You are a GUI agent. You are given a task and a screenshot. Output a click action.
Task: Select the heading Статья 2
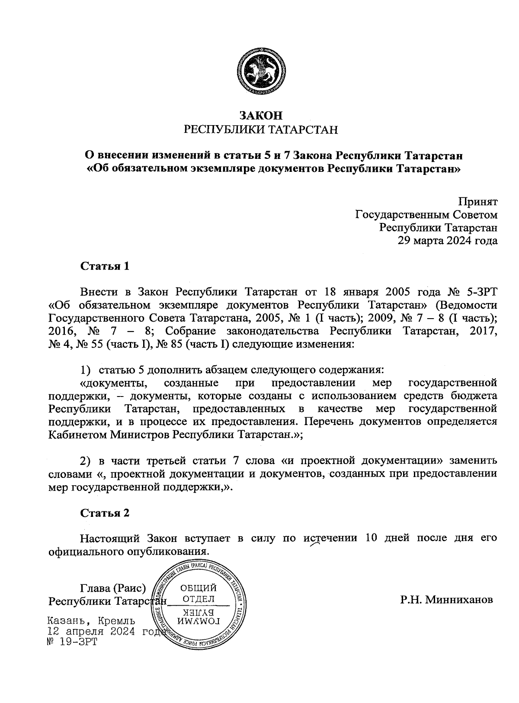tap(105, 513)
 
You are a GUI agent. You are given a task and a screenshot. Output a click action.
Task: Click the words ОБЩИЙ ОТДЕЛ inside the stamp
tap(198, 593)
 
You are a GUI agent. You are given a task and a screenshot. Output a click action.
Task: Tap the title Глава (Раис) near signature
tap(113, 588)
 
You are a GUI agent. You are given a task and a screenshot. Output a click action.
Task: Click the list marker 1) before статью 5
tap(86, 371)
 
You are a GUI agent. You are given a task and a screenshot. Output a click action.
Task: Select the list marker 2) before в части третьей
tap(86, 460)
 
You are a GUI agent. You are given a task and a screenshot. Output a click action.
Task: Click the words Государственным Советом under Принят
tap(426, 215)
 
